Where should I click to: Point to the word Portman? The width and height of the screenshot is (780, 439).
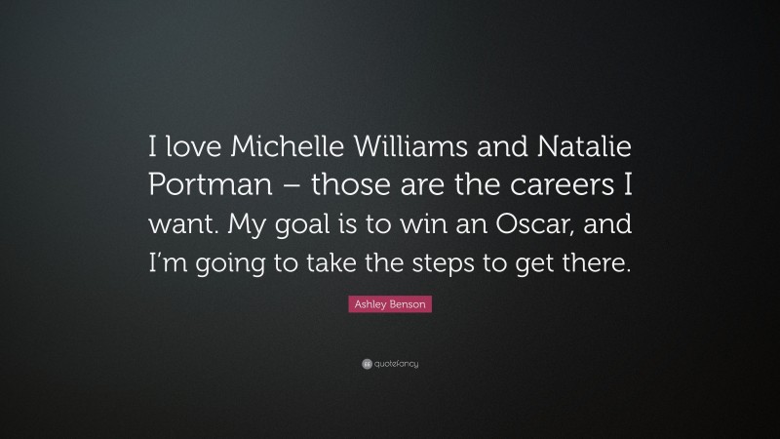click(x=200, y=186)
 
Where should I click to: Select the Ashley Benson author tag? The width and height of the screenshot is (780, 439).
click(x=389, y=305)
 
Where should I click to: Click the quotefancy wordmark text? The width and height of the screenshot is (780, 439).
click(x=396, y=364)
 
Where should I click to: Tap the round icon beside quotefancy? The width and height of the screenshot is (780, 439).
click(x=367, y=364)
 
